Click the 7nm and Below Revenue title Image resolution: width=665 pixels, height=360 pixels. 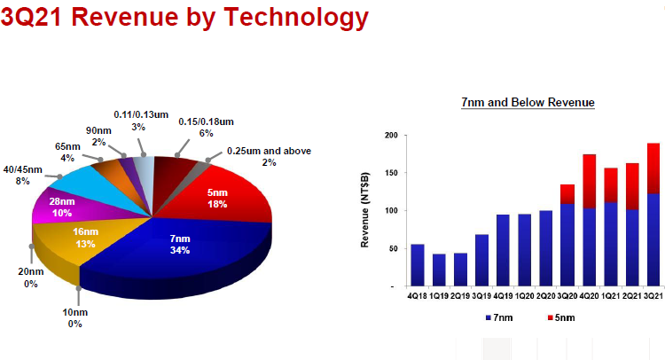click(x=528, y=103)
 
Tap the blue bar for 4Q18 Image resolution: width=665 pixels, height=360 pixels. click(x=418, y=265)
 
